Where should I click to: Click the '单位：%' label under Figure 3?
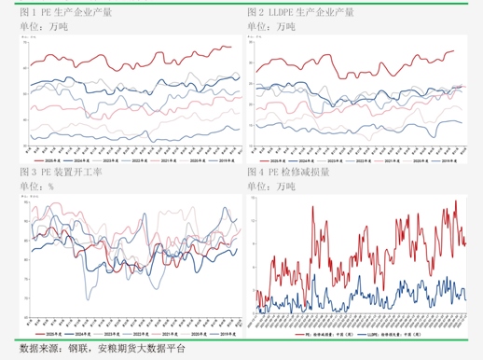point(36,187)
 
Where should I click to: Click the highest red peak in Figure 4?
point(455,201)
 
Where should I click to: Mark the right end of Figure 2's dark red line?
point(454,51)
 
